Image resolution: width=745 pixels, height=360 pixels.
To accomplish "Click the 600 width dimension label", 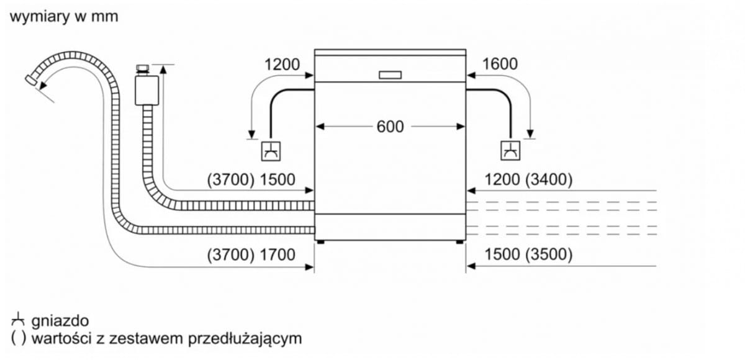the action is click(x=390, y=127).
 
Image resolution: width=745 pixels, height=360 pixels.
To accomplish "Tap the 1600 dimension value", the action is click(x=500, y=64).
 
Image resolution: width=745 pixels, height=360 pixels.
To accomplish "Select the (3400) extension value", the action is click(x=549, y=180).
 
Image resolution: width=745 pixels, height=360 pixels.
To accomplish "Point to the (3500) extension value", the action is click(x=549, y=254).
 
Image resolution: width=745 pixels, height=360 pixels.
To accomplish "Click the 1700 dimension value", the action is click(x=278, y=255).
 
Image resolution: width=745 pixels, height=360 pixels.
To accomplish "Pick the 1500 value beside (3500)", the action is click(x=502, y=254).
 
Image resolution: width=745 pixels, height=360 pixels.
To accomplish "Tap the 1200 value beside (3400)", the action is click(x=502, y=180).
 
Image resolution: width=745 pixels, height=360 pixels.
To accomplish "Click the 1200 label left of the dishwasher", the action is click(x=282, y=65).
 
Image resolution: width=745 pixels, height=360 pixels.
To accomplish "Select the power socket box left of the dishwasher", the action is click(x=271, y=151).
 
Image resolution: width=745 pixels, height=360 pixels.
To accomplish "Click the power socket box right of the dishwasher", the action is click(x=510, y=151).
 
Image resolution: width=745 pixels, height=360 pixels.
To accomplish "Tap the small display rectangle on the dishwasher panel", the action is click(x=390, y=75).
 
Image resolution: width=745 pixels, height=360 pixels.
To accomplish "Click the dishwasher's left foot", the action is click(x=320, y=242).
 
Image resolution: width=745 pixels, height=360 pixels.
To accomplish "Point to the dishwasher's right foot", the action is click(x=459, y=242).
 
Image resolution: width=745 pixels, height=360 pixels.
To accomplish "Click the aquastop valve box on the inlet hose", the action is click(x=147, y=91).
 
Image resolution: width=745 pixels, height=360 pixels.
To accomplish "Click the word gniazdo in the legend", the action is click(x=60, y=321).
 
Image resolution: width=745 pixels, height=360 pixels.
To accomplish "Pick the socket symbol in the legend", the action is click(x=18, y=320).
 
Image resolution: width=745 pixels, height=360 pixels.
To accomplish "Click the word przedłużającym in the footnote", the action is click(x=245, y=339).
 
